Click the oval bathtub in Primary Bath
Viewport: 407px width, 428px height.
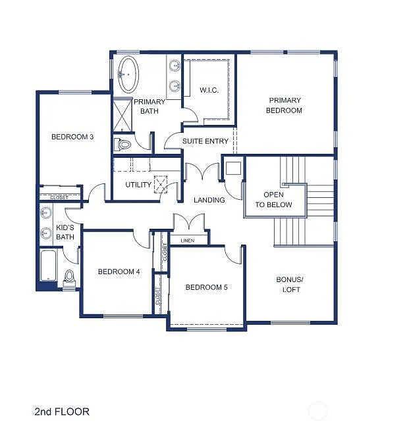point(128,74)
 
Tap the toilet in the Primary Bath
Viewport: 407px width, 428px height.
point(123,143)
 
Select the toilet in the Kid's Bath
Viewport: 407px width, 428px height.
point(70,278)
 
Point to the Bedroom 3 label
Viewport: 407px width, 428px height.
point(72,137)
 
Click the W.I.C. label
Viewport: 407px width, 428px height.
point(209,91)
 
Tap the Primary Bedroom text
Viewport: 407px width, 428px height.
point(285,105)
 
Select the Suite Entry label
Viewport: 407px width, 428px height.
point(205,141)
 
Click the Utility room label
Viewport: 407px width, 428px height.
point(138,185)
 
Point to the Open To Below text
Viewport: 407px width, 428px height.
point(273,200)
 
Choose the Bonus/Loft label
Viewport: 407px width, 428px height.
point(289,284)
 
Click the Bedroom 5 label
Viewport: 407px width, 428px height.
point(206,287)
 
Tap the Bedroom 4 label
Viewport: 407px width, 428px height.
point(119,272)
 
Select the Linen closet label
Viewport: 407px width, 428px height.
point(187,241)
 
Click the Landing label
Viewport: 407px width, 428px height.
point(209,200)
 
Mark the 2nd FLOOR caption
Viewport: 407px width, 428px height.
point(62,412)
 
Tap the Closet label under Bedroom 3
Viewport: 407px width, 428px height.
point(59,197)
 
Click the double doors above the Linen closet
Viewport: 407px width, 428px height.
point(190,222)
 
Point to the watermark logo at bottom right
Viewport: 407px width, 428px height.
point(318,412)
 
